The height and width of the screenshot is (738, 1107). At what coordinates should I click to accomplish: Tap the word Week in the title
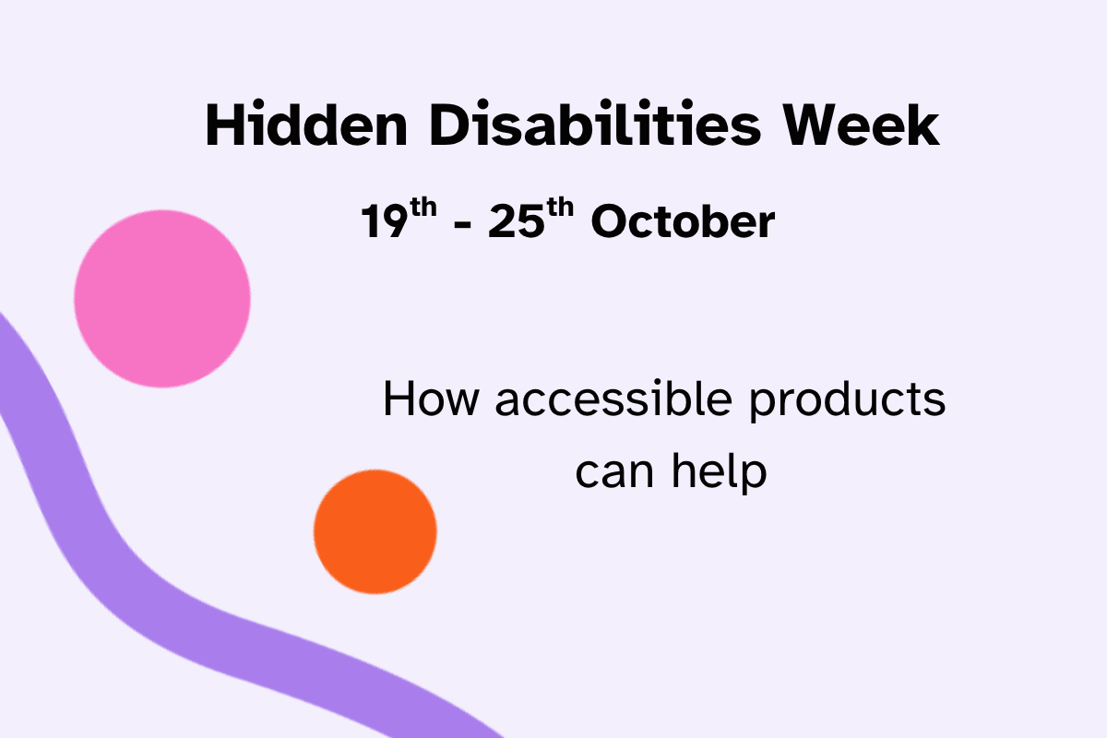point(862,126)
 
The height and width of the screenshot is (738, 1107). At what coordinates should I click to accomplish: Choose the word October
point(683,222)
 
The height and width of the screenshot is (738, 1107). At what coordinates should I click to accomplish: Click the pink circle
point(162,298)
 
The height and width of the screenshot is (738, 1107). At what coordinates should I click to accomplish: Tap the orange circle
point(375,531)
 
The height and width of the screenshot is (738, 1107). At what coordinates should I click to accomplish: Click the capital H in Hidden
point(224,126)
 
